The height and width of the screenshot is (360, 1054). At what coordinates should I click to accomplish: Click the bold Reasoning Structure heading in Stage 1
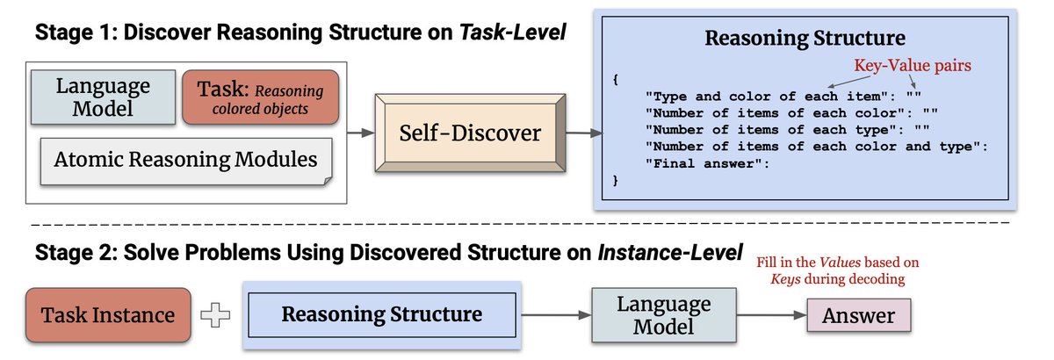point(804,40)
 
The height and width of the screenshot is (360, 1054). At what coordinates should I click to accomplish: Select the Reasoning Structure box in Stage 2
point(381,314)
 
